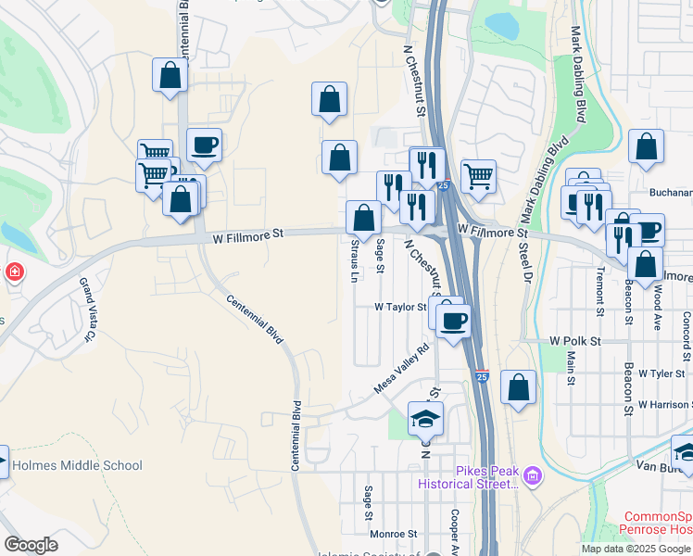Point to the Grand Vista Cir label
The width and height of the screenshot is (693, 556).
point(88,310)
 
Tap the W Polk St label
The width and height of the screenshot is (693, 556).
point(575,341)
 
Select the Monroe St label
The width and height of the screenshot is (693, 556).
point(394,534)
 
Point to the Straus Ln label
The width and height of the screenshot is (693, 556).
point(355,260)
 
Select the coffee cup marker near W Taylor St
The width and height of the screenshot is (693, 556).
point(452,321)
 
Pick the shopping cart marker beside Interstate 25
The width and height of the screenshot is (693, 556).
point(478,175)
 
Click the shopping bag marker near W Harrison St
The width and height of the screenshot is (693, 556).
point(519,387)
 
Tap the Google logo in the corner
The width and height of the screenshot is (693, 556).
point(31,544)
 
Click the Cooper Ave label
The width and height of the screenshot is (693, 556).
point(455,530)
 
